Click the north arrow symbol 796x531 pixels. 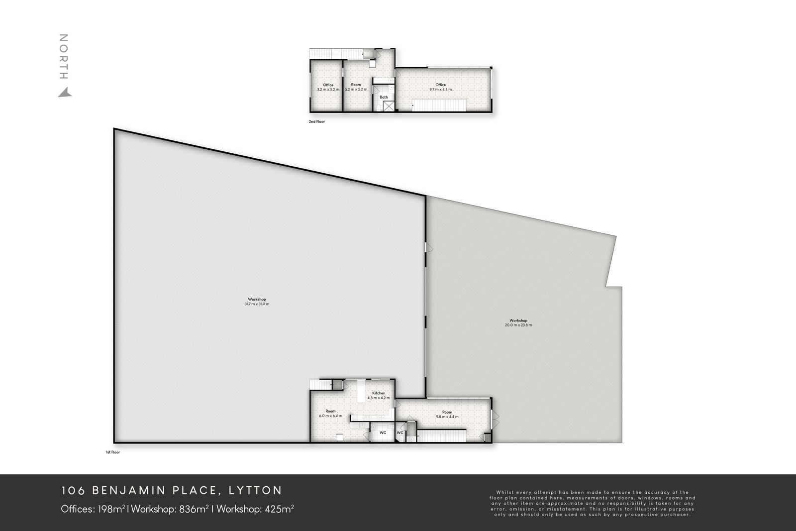(65, 93)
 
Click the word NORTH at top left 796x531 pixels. (63, 57)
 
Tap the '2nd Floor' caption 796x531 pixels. (317, 121)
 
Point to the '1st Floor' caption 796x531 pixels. (112, 452)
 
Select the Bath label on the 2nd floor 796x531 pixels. (384, 97)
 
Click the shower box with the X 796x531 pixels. (389, 106)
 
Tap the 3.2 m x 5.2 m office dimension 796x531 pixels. (328, 90)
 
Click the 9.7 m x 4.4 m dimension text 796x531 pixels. (441, 90)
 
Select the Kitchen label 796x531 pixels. (379, 393)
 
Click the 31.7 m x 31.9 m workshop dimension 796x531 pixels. (257, 304)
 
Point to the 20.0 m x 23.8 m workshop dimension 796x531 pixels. (518, 325)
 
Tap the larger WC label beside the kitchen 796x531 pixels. (383, 432)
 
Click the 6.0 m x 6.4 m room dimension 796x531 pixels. (330, 416)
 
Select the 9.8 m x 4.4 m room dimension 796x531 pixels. (447, 417)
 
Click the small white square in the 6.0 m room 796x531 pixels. (339, 437)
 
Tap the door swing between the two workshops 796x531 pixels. (429, 248)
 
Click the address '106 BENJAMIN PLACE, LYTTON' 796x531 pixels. (172, 491)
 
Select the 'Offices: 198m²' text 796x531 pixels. (93, 509)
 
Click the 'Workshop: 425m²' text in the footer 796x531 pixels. (255, 509)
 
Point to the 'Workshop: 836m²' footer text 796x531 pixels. (170, 509)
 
